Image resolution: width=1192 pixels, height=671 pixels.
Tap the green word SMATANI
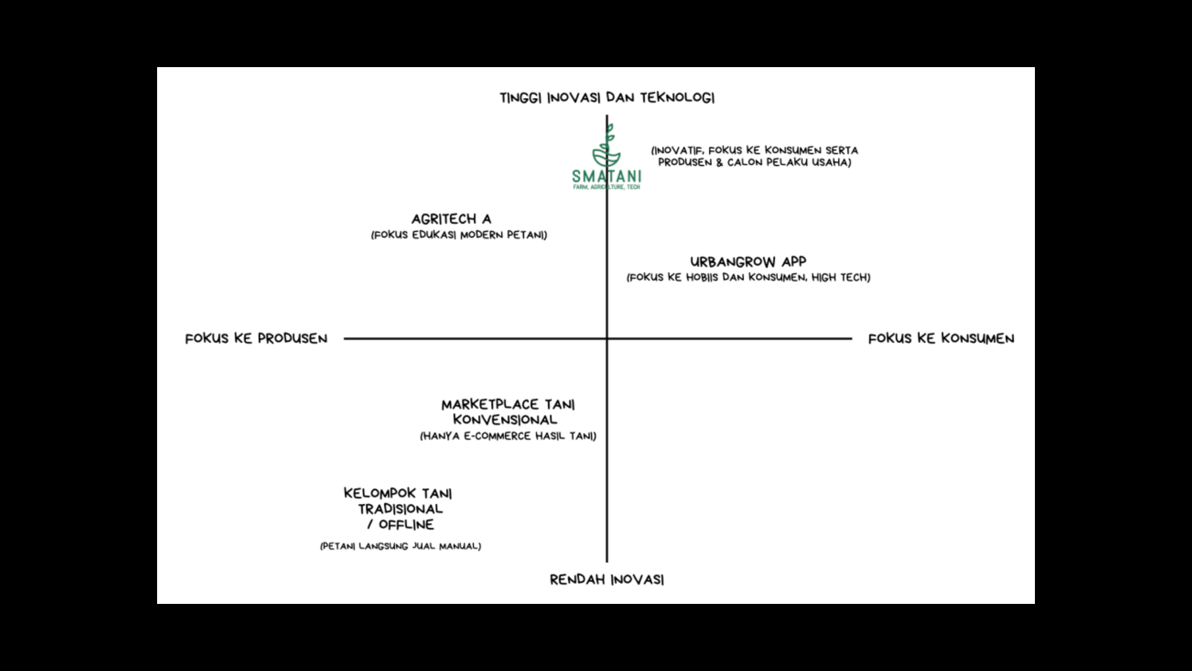pyautogui.click(x=607, y=176)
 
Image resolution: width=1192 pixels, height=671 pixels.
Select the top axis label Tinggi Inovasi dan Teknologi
pyautogui.click(x=607, y=98)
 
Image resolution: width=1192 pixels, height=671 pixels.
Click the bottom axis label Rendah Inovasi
pyautogui.click(x=607, y=580)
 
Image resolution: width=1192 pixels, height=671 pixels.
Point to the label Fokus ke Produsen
pyautogui.click(x=256, y=339)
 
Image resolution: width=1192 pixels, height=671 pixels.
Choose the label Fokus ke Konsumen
pyautogui.click(x=941, y=339)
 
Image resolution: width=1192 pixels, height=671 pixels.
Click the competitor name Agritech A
pyautogui.click(x=451, y=219)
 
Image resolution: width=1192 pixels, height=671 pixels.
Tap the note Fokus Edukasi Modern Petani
pyautogui.click(x=459, y=235)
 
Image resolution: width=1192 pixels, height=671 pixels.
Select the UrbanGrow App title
pyautogui.click(x=748, y=262)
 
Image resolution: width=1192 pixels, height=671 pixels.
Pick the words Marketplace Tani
pyautogui.click(x=508, y=405)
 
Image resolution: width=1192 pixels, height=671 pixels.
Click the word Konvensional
pyautogui.click(x=505, y=420)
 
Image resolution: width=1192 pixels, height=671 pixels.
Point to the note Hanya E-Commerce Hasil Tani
pyautogui.click(x=508, y=436)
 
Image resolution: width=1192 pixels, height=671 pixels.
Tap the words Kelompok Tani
pyautogui.click(x=398, y=494)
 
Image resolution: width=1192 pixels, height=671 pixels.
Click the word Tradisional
pyautogui.click(x=400, y=509)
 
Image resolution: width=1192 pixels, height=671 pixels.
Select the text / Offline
pyautogui.click(x=400, y=525)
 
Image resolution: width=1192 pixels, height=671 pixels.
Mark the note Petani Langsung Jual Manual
pyautogui.click(x=400, y=546)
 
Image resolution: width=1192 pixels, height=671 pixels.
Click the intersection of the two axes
pyautogui.click(x=607, y=339)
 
